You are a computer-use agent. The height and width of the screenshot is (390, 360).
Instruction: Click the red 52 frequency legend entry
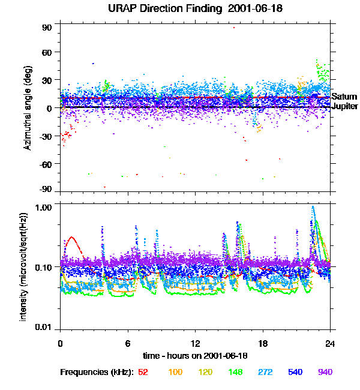(x=143, y=373)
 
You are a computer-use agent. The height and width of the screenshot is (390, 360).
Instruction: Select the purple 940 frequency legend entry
(x=325, y=373)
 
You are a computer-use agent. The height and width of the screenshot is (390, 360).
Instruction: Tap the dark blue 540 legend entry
(x=295, y=373)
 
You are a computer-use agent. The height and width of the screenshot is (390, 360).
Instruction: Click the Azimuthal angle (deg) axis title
(x=28, y=108)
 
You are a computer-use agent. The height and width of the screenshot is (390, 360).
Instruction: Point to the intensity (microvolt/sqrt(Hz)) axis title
(x=24, y=267)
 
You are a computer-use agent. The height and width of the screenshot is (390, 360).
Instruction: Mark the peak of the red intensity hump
(x=71, y=238)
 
